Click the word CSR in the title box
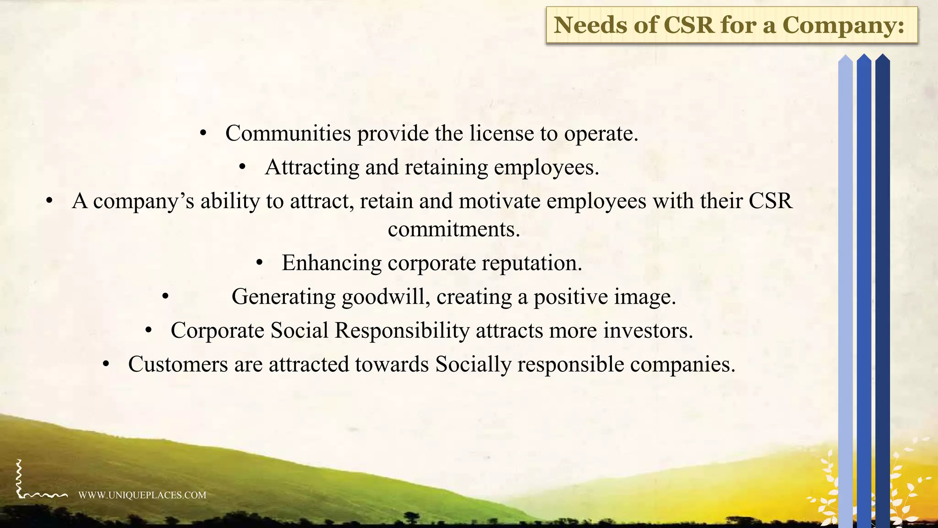click(x=688, y=25)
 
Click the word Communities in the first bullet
click(x=288, y=133)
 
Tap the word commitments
click(x=454, y=229)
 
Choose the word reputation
click(x=532, y=263)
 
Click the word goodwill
click(x=386, y=297)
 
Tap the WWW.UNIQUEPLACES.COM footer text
click(x=142, y=495)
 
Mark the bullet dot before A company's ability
click(x=49, y=201)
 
